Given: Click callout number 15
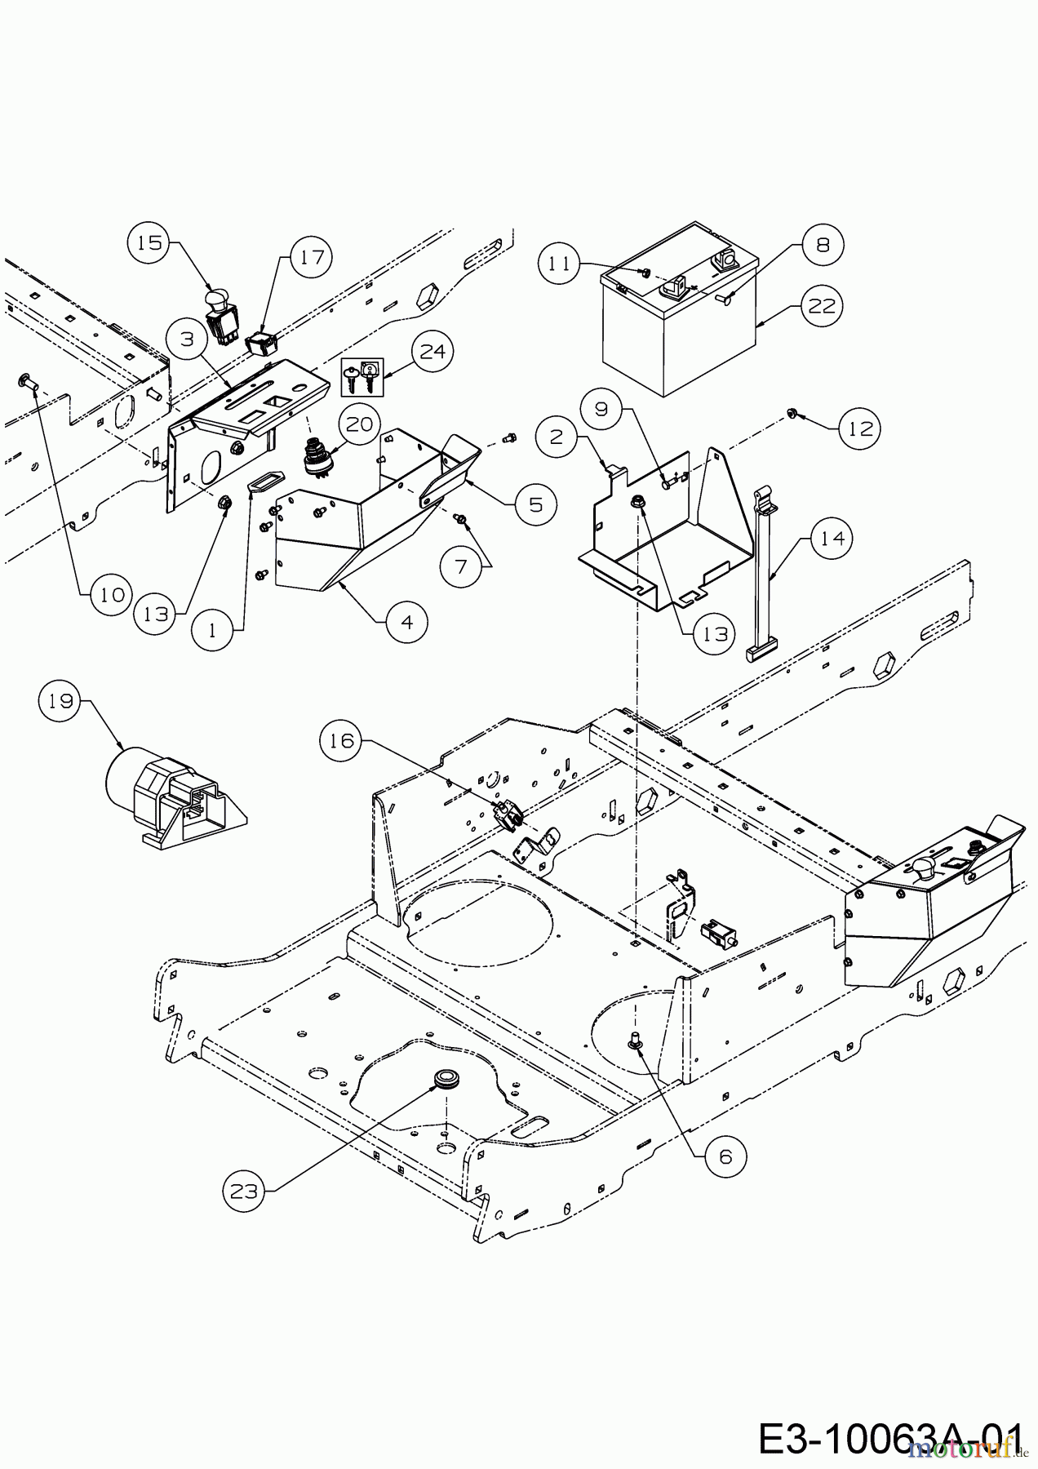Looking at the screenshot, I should click(x=149, y=243).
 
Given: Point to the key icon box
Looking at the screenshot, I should click(x=361, y=377).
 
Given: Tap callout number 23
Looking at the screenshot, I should click(x=243, y=1192).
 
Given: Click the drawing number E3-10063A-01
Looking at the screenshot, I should click(x=889, y=1439).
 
